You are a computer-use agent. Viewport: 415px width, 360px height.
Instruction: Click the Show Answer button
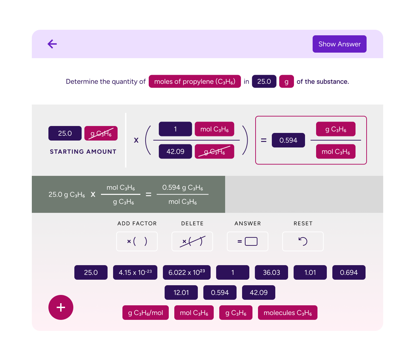coord(339,44)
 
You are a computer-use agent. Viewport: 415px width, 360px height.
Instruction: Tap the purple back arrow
coord(52,44)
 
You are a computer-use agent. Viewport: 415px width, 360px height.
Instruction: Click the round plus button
coord(61,307)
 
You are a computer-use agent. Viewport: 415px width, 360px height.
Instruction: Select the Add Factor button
coord(137,241)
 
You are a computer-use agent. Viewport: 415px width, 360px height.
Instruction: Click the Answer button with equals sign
coord(248,241)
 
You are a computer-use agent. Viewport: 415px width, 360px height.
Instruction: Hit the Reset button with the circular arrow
coord(303,241)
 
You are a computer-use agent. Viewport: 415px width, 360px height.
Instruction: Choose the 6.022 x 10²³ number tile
coord(187,272)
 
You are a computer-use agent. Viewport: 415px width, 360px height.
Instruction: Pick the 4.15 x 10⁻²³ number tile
coord(135,272)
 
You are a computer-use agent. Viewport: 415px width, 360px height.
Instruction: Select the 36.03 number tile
coord(271,272)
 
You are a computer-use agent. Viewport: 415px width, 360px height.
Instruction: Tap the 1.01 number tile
coord(310,272)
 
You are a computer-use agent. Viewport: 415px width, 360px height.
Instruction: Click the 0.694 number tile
coord(349,272)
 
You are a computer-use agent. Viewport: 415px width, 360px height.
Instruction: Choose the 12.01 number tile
coord(181,292)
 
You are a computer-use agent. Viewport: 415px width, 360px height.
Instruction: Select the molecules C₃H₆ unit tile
coord(288,313)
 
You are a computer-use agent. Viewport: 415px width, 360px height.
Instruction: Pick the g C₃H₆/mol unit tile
coord(146,313)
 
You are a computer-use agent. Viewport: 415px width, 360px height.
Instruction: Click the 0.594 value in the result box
coord(288,140)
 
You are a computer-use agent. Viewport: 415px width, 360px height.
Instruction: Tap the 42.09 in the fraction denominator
coord(175,151)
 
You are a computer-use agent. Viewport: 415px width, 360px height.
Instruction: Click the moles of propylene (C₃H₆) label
coord(195,81)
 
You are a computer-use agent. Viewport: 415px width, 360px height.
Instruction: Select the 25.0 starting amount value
coord(65,133)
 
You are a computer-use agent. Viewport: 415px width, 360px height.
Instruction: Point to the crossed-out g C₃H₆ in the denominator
coord(214,151)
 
